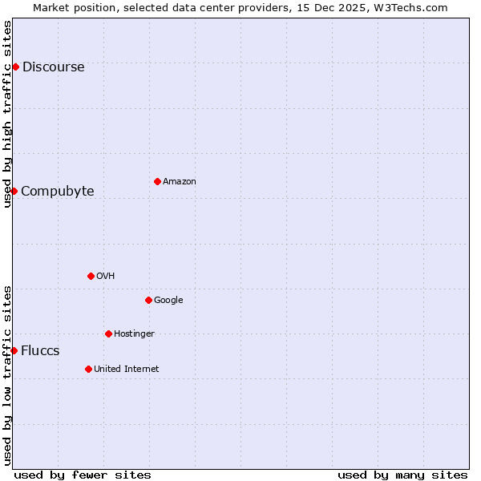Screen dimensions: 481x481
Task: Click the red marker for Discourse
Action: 15,67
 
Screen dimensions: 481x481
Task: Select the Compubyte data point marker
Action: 14,191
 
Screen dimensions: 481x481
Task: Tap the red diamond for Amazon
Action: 157,181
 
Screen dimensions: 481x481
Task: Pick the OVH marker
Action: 91,276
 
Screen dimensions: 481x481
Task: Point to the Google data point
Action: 148,300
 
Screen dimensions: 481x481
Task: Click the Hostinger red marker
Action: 108,333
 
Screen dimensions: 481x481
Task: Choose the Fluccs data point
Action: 14,350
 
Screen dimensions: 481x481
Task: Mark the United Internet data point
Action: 88,369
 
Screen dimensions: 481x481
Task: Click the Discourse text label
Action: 53,67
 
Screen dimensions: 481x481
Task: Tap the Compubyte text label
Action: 58,192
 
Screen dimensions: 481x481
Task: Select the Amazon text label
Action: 180,182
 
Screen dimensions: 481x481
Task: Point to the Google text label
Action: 168,301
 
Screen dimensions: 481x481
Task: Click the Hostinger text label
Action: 134,334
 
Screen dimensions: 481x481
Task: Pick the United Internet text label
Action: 126,370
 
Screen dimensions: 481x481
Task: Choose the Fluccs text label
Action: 40,351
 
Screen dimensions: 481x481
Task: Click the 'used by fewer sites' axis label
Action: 83,475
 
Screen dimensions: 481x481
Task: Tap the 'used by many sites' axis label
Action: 402,475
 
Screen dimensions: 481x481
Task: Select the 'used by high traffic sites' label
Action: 7,114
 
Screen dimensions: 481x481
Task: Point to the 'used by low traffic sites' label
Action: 7,375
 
